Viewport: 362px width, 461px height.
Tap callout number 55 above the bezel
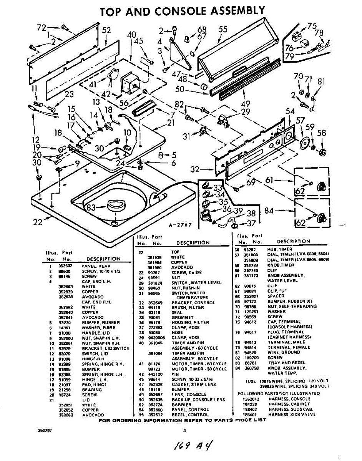pos(223,30)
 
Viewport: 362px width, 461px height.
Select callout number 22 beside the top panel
pos(37,222)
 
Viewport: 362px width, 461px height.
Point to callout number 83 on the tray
pos(91,207)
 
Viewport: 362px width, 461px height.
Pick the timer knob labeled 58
pos(322,151)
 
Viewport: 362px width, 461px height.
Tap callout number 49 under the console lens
pos(246,104)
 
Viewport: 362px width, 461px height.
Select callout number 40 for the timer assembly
pos(132,35)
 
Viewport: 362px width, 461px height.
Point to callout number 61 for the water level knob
pos(269,179)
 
